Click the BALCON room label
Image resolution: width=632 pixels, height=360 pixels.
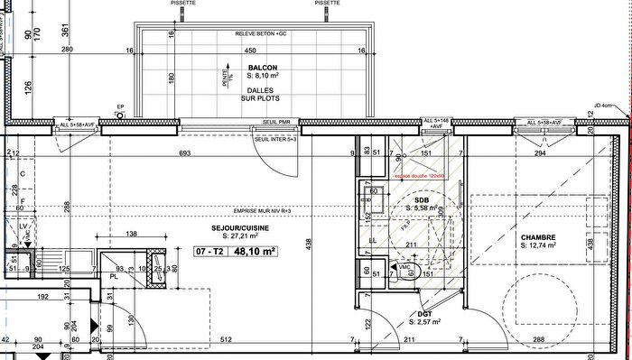263,67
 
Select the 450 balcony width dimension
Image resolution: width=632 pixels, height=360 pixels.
264,51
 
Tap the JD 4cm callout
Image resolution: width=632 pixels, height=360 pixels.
602,106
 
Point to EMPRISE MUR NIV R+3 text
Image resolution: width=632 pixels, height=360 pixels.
247,210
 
